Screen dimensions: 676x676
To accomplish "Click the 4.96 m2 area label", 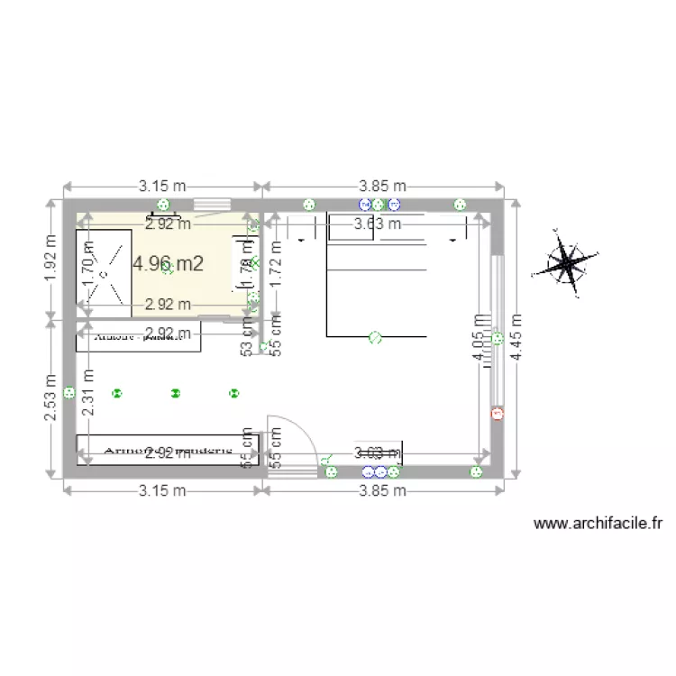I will coord(168,264).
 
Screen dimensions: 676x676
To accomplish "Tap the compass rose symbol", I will coord(565,263).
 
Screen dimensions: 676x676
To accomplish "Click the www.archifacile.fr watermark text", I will coord(598,523).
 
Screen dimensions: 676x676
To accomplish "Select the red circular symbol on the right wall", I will coord(498,414).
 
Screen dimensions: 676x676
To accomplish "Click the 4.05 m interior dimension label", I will coord(479,340).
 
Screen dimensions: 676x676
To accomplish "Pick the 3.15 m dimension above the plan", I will coord(162,186).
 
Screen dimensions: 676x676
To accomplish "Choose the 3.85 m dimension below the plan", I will coord(382,491).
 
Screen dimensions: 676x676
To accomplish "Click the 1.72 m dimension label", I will coord(277,263).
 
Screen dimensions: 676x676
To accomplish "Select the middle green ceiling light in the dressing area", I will coord(175,393).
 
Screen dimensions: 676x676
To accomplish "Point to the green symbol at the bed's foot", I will coord(375,338).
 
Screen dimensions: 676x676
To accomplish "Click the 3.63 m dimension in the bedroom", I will coord(377,224).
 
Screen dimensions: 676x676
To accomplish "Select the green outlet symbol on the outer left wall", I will coord(69,393).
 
